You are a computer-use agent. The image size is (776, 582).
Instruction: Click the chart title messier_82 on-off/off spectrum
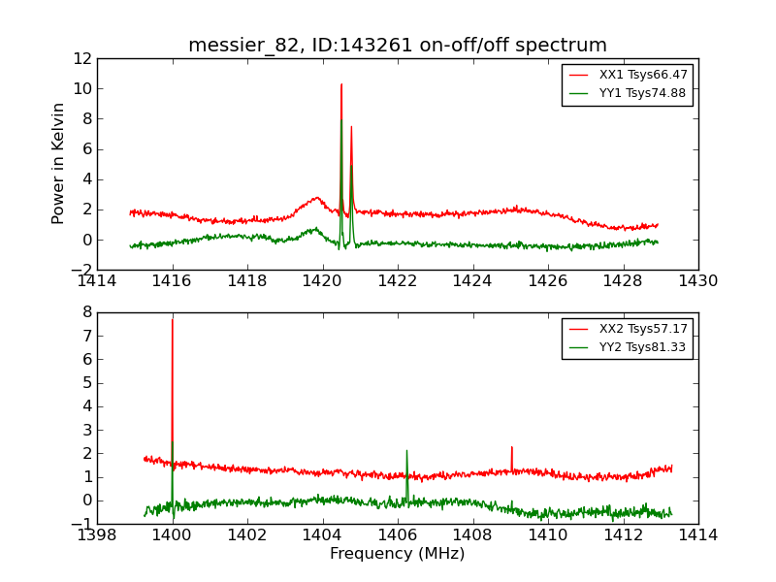point(398,46)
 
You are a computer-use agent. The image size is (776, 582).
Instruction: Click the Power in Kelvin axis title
point(58,163)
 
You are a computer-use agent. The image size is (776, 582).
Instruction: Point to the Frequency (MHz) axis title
point(398,554)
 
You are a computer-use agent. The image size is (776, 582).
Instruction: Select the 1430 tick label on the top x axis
point(697,281)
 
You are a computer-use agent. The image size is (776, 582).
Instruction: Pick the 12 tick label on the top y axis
point(81,58)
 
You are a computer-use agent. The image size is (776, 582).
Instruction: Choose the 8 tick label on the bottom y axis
point(87,312)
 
